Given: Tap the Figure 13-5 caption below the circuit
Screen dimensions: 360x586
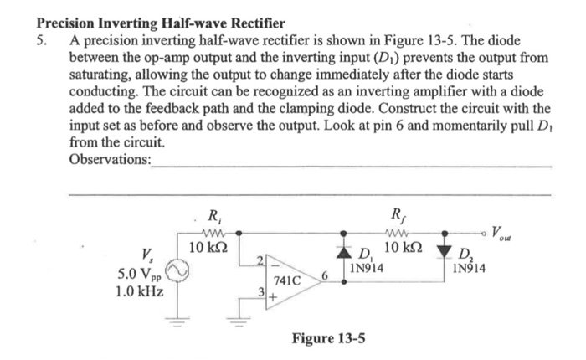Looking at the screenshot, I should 327,339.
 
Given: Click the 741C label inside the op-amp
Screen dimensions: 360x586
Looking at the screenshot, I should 287,283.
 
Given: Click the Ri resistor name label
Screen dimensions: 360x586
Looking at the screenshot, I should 215,212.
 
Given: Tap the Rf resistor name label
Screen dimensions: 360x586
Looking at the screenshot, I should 399,212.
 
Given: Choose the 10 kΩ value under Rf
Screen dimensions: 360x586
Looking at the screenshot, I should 407,249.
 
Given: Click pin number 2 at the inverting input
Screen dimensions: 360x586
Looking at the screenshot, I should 260,260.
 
